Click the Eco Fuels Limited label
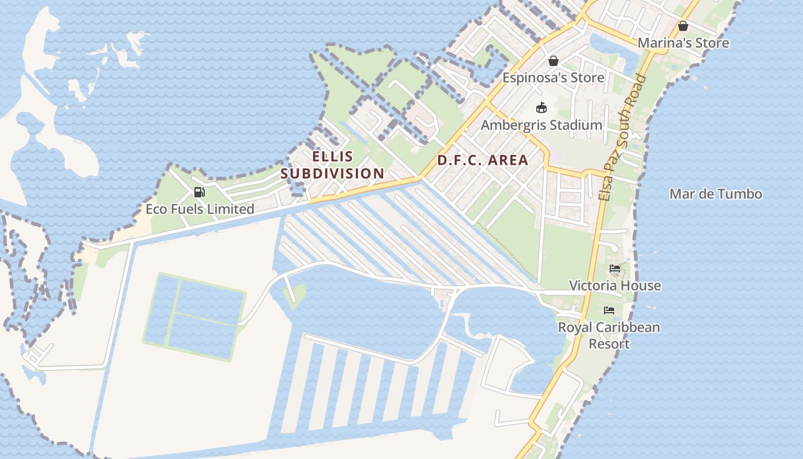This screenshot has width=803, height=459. (200, 209)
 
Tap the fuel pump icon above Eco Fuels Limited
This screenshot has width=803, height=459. (199, 192)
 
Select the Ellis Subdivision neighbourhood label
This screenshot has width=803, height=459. (333, 165)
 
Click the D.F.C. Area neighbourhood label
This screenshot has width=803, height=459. (482, 160)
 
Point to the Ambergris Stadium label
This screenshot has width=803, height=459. (541, 125)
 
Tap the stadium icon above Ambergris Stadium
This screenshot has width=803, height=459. (541, 107)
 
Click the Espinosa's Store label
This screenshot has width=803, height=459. (553, 77)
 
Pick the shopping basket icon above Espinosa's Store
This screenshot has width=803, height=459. (553, 60)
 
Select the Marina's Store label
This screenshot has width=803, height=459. (683, 43)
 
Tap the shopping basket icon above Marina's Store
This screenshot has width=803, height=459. (683, 26)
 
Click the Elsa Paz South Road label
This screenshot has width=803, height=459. (622, 138)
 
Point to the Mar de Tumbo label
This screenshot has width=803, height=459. (715, 194)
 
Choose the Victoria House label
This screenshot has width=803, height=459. (614, 286)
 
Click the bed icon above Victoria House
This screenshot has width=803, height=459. (615, 269)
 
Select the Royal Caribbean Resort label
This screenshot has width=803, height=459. (609, 336)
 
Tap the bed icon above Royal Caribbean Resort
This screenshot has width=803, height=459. (609, 310)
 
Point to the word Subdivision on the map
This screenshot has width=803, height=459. (333, 173)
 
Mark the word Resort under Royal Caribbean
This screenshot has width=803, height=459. (609, 344)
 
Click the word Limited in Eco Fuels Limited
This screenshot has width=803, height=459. (230, 209)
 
